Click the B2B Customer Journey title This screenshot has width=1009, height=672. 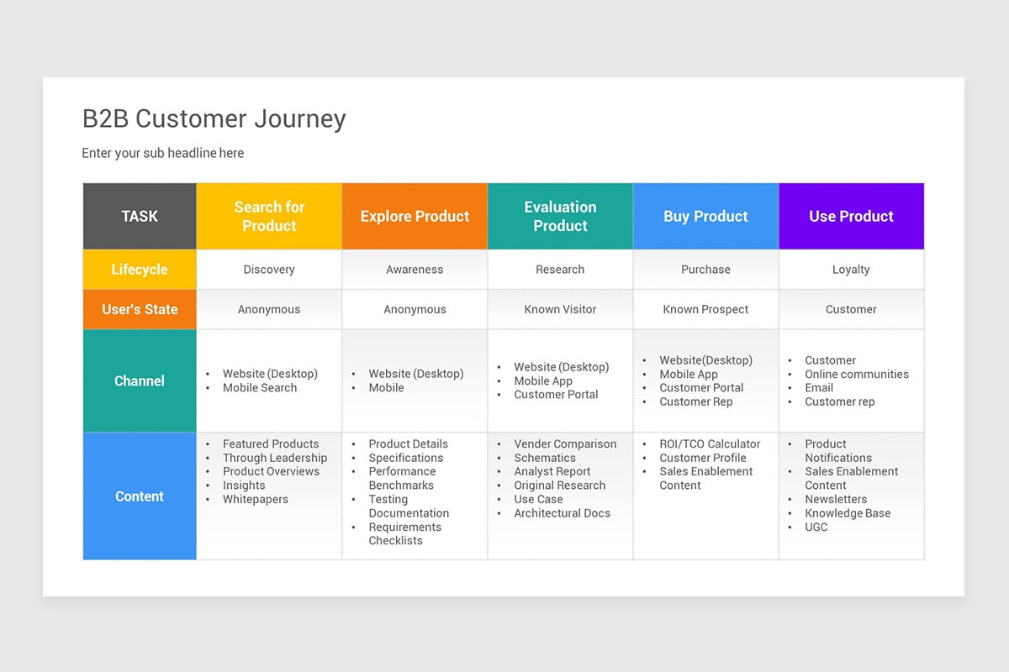click(214, 119)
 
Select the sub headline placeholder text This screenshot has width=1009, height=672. click(162, 153)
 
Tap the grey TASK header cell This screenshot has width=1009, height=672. click(140, 216)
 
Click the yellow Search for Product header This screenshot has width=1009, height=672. click(269, 216)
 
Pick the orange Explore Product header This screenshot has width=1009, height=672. click(415, 216)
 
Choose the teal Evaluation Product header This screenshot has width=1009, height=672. click(560, 216)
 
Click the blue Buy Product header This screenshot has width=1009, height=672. click(705, 216)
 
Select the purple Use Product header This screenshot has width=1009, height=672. click(851, 216)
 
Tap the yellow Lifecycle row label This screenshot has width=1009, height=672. click(140, 270)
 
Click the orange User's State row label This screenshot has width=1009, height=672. click(140, 309)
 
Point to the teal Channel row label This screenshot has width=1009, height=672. click(140, 381)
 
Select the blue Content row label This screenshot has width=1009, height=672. click(140, 496)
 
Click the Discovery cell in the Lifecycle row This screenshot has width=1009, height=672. click(269, 270)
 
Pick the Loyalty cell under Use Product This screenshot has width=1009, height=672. click(851, 270)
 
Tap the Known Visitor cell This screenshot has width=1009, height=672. click(560, 309)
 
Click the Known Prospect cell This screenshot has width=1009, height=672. click(705, 309)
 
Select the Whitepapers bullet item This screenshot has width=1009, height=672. click(255, 499)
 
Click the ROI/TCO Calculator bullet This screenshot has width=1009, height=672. click(710, 444)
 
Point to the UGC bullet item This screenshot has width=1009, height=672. click(816, 527)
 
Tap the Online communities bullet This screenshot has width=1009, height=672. click(856, 374)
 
